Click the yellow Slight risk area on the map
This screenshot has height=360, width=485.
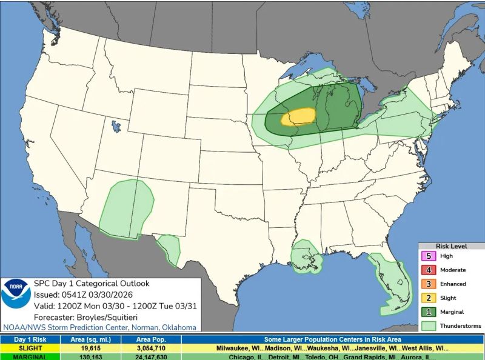click(299, 116)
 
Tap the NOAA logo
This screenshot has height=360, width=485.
click(16, 294)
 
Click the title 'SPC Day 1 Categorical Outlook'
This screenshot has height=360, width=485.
click(91, 283)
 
